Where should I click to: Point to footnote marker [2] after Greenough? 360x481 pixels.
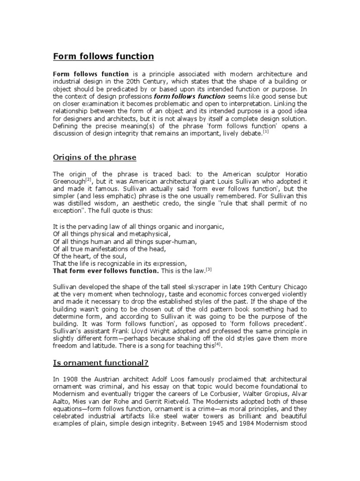[x=89, y=180]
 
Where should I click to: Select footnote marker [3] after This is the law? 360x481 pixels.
[x=209, y=269]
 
